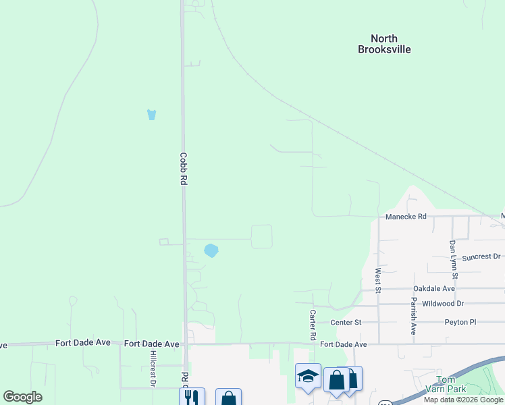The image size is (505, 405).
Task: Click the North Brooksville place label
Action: click(x=384, y=44)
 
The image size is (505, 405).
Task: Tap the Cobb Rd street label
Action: click(x=182, y=168)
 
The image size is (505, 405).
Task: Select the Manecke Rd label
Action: click(x=406, y=217)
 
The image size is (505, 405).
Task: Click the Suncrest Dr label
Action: click(x=481, y=257)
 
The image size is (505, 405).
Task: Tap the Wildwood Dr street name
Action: click(x=443, y=304)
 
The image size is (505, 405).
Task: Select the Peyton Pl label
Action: click(x=460, y=322)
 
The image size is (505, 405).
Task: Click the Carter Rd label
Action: click(x=313, y=325)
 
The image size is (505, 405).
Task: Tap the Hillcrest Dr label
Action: click(x=153, y=369)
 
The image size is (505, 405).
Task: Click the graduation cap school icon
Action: click(x=308, y=376)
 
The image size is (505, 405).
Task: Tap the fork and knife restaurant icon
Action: click(x=192, y=398)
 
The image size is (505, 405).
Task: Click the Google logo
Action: click(x=23, y=397)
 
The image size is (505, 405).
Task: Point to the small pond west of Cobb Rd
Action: click(x=152, y=115)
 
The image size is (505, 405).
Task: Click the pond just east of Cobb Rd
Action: click(x=211, y=250)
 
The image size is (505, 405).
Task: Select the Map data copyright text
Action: click(x=463, y=400)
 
